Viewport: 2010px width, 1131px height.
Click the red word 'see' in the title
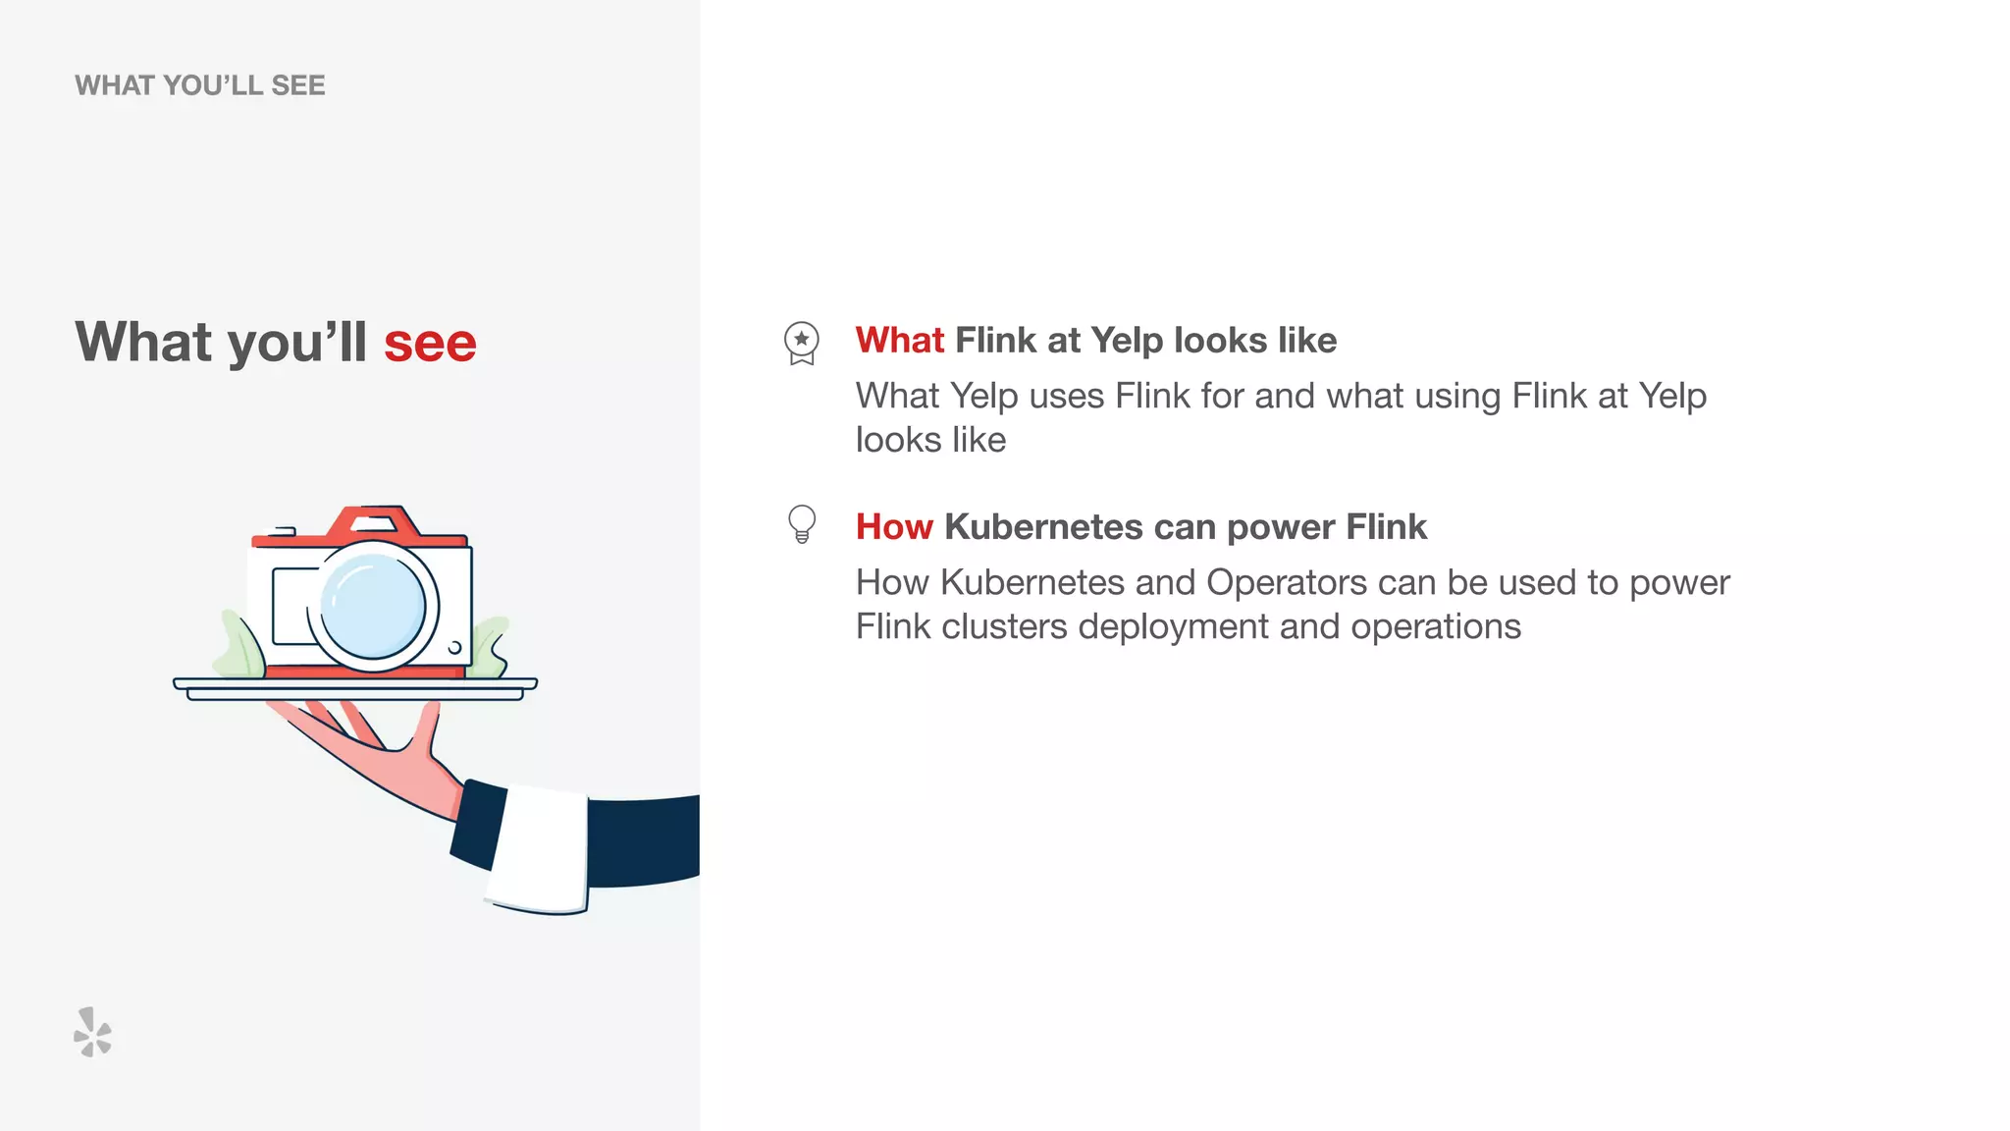coord(430,344)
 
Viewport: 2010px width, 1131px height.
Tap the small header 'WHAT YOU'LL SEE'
coord(199,85)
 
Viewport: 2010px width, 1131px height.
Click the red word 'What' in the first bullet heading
coord(899,341)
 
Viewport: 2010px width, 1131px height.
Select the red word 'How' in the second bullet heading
coord(893,527)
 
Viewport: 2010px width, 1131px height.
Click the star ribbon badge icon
coord(802,343)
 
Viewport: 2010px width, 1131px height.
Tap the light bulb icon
coord(802,523)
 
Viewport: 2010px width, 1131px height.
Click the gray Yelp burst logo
coord(93,1032)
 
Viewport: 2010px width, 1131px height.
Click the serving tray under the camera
coord(354,687)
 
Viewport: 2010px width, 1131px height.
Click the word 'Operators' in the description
coord(1286,582)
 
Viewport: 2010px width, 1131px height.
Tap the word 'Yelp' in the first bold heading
coord(1127,341)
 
